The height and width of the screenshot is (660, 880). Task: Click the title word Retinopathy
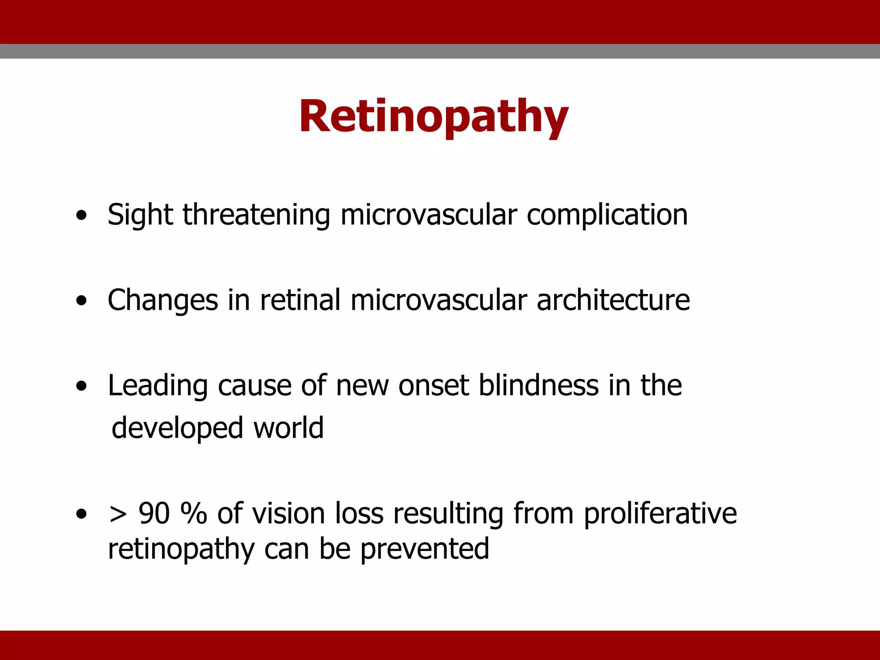tap(434, 117)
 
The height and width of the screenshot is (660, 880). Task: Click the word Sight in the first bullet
tap(140, 215)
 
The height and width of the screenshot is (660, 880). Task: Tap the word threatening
tap(256, 215)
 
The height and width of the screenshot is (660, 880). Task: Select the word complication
tap(607, 215)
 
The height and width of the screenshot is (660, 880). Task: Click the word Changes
tap(162, 300)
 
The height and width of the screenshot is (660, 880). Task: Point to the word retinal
tap(300, 299)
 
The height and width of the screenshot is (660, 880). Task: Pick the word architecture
tap(613, 299)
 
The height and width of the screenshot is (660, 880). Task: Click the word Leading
tap(157, 386)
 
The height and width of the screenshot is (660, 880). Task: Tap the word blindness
tap(538, 385)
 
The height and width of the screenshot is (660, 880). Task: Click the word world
tap(288, 428)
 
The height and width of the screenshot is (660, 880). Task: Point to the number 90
tap(154, 513)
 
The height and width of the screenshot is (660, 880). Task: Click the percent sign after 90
tap(194, 513)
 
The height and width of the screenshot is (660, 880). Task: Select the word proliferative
tap(660, 513)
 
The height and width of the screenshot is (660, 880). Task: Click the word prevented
tap(425, 550)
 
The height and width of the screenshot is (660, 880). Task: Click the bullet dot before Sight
tap(81, 216)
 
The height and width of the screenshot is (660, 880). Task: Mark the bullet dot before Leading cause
tap(81, 386)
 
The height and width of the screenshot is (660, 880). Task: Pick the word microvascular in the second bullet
tap(439, 299)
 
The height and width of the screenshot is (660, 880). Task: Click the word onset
tap(433, 385)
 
